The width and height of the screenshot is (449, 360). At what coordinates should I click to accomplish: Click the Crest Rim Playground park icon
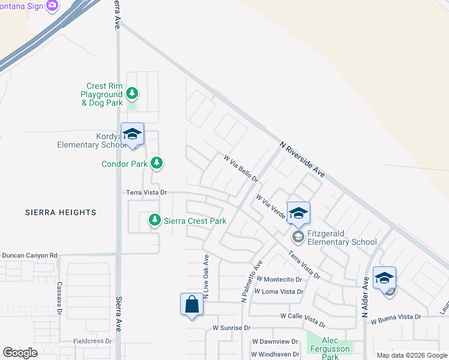tap(132, 94)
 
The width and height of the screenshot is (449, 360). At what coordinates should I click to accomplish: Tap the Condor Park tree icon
tap(157, 163)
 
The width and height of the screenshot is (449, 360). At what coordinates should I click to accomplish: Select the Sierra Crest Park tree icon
tap(155, 221)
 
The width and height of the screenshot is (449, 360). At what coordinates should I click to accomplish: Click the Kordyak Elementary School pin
tap(132, 134)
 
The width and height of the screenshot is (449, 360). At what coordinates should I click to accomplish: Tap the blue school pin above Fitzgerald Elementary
tap(298, 213)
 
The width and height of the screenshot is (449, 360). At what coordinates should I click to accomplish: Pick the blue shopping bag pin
tap(191, 304)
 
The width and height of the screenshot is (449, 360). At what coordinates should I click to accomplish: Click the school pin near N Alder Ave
tap(384, 278)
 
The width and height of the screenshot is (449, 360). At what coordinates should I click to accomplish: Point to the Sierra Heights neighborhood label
tap(61, 212)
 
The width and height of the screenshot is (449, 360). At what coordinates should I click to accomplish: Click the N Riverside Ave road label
tap(303, 159)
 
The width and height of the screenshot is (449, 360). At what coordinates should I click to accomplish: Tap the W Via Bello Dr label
tap(241, 169)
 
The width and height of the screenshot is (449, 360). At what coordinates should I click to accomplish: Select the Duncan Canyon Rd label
tap(29, 256)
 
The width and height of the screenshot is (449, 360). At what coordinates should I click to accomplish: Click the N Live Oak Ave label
tap(205, 277)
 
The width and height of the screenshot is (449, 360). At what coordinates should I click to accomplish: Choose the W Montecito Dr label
tap(279, 280)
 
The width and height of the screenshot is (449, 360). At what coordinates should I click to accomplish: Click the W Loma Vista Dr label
tap(279, 292)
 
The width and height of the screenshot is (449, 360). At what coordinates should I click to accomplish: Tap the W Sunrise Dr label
tap(231, 328)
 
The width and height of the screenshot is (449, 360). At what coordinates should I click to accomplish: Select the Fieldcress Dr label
tap(92, 341)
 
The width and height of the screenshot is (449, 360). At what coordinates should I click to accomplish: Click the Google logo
tap(20, 353)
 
